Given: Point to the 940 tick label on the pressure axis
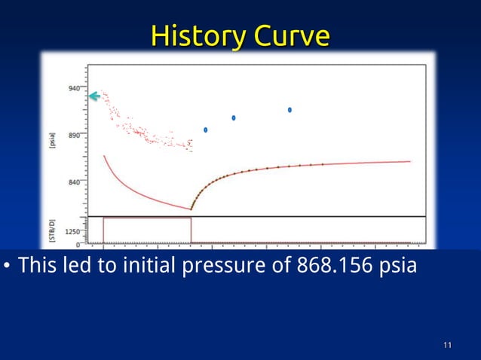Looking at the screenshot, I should pos(74,88).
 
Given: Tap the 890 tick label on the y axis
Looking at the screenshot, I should pos(74,136).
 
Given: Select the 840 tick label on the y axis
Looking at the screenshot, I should pos(74,182).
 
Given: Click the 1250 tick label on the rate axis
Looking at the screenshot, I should pos(72,232).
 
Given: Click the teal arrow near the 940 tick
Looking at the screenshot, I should pos(94,96).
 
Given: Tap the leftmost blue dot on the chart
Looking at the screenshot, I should pos(206,130).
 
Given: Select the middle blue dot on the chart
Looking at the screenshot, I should pos(234,118).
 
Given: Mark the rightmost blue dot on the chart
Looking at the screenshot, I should pos(290,110).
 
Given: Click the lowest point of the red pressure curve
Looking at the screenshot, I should pos(191,209).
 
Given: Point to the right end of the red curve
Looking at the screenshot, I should pos(409,161).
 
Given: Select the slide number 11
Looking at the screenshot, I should pos(447,346).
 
